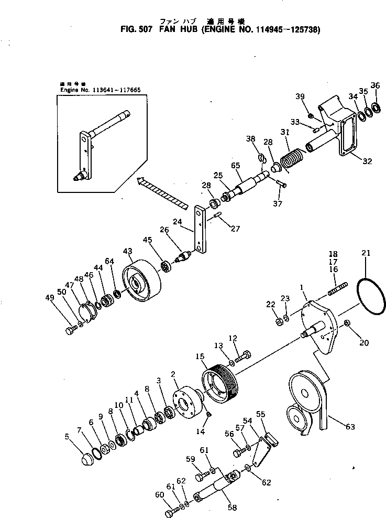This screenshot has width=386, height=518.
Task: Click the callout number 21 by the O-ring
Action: click(366, 253)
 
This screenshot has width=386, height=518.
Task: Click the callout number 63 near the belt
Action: click(350, 427)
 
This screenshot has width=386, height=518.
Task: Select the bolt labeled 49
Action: click(71, 330)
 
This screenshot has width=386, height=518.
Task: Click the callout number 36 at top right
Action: click(375, 85)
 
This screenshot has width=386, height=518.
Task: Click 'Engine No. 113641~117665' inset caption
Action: click(100, 89)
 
